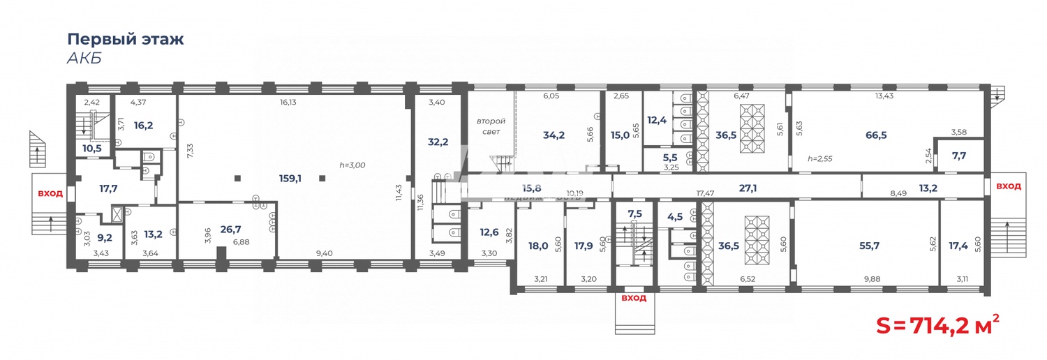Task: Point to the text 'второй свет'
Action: click(491, 126)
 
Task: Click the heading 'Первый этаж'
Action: click(126, 38)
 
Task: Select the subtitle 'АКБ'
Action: click(84, 58)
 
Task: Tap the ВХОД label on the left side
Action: click(50, 193)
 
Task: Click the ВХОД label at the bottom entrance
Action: click(634, 298)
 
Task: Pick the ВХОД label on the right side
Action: click(1008, 186)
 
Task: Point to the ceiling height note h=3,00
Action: click(352, 165)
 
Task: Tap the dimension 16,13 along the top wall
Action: click(288, 102)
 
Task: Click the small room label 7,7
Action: click(958, 156)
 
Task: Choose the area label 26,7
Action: click(230, 230)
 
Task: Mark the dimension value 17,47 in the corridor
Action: click(708, 193)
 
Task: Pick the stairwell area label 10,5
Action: click(92, 149)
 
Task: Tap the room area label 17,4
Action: click(958, 245)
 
